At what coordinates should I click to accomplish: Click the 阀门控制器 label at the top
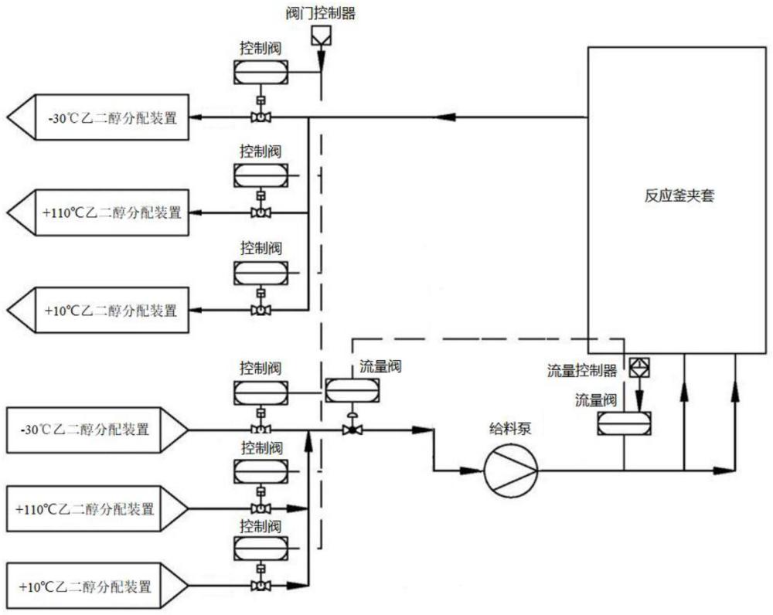(x=320, y=12)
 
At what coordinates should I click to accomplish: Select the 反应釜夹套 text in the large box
(x=679, y=195)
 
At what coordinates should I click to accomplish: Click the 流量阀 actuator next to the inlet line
(x=352, y=389)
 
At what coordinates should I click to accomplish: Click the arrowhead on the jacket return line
(x=444, y=117)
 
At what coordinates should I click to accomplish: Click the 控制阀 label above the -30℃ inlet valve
(x=261, y=366)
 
